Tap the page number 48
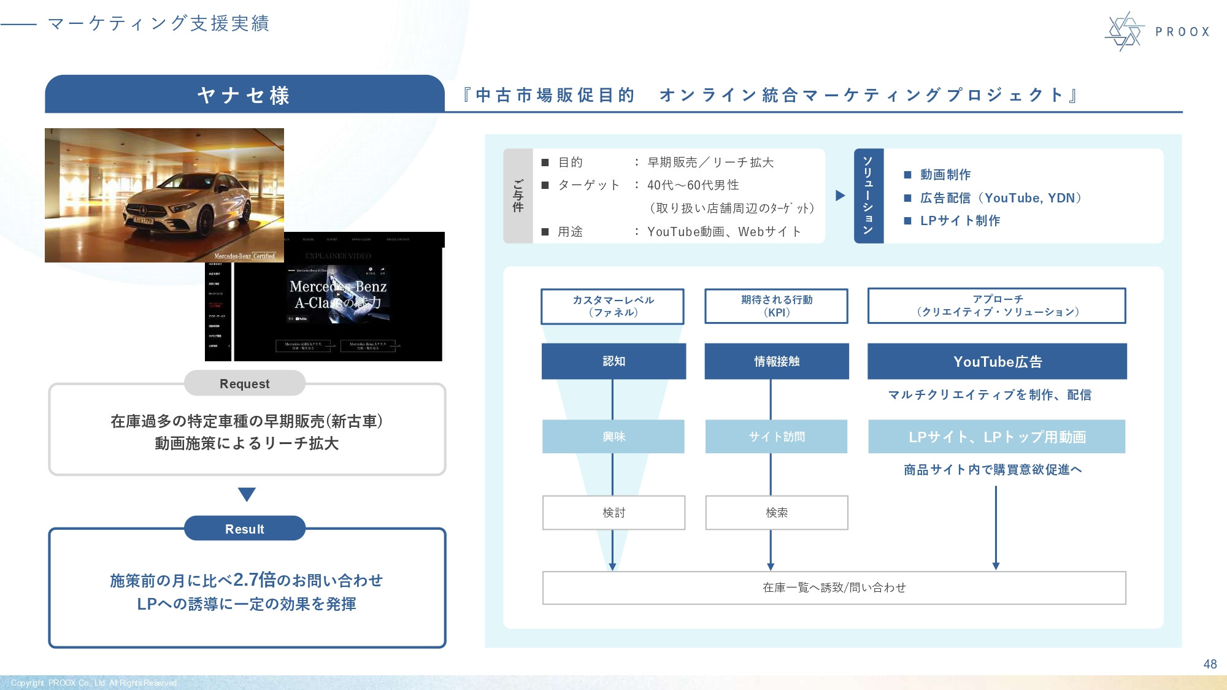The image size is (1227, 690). pos(1210,664)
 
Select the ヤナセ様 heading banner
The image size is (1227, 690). pos(244,95)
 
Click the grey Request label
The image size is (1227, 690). pos(244,384)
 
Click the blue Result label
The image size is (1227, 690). pos(244,529)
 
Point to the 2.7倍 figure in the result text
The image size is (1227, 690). pos(254,580)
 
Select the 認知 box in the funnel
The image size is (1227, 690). pos(613,361)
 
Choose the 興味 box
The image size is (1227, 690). pos(613,437)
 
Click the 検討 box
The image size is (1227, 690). pos(613,513)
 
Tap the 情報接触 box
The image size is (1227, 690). pos(777,361)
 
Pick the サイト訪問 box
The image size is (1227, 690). pos(777,437)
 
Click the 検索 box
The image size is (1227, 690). pos(777,513)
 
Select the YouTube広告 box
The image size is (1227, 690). pos(997,361)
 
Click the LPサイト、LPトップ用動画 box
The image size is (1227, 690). pos(997,437)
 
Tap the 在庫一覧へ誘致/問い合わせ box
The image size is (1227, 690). pos(834,588)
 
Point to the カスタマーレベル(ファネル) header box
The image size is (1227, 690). pos(612,306)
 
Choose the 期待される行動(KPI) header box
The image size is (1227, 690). pos(777,306)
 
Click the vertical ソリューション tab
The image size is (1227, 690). pos(868,196)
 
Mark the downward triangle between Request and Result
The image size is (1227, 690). pos(247,494)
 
